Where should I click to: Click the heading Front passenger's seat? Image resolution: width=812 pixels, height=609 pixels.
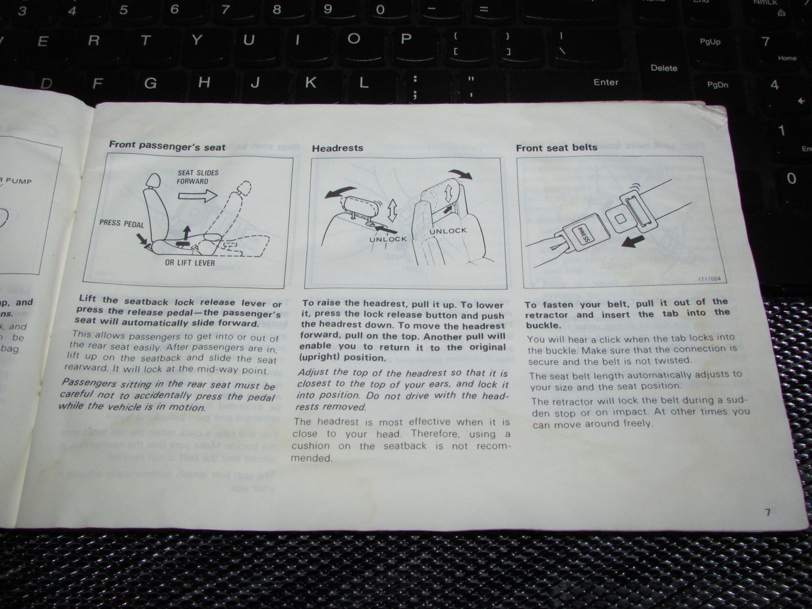(167, 146)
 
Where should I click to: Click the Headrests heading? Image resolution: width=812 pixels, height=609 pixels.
(337, 148)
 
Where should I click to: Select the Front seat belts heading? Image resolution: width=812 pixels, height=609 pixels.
(556, 148)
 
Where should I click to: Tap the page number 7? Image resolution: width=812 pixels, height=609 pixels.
(768, 512)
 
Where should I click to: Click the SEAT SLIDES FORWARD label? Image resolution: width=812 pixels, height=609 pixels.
(198, 177)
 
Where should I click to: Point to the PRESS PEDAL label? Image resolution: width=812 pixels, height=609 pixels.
(121, 224)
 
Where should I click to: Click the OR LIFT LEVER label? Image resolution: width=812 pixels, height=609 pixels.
(190, 263)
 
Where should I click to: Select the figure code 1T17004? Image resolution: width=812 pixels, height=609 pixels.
(711, 279)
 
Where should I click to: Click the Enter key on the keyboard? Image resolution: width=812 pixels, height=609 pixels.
(605, 82)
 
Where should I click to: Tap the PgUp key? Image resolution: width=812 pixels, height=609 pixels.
(710, 42)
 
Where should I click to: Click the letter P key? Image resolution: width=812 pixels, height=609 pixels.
(406, 39)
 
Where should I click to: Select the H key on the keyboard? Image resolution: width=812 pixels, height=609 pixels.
(204, 83)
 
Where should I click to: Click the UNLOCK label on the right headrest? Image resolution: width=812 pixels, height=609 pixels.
(448, 231)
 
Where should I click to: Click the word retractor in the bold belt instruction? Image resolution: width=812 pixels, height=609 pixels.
(546, 315)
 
